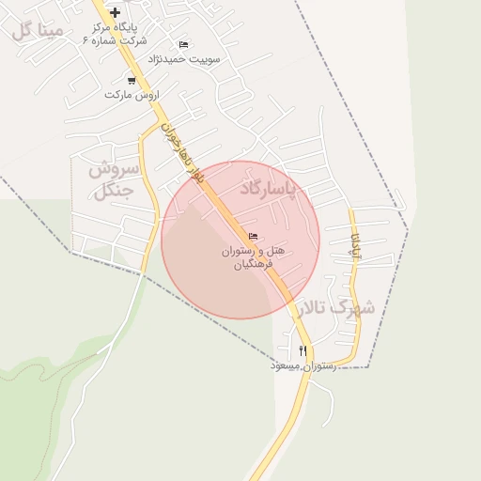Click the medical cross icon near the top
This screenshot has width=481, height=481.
click(115, 12)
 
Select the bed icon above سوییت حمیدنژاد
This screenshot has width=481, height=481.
click(183, 44)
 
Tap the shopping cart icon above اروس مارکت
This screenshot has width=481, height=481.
click(131, 81)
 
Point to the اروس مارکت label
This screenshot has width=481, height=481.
click(132, 95)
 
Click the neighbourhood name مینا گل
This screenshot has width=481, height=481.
click(39, 31)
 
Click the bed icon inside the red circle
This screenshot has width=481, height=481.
click(252, 235)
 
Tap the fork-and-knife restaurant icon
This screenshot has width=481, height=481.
click(303, 350)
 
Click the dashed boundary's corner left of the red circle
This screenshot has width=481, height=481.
click(71, 252)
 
